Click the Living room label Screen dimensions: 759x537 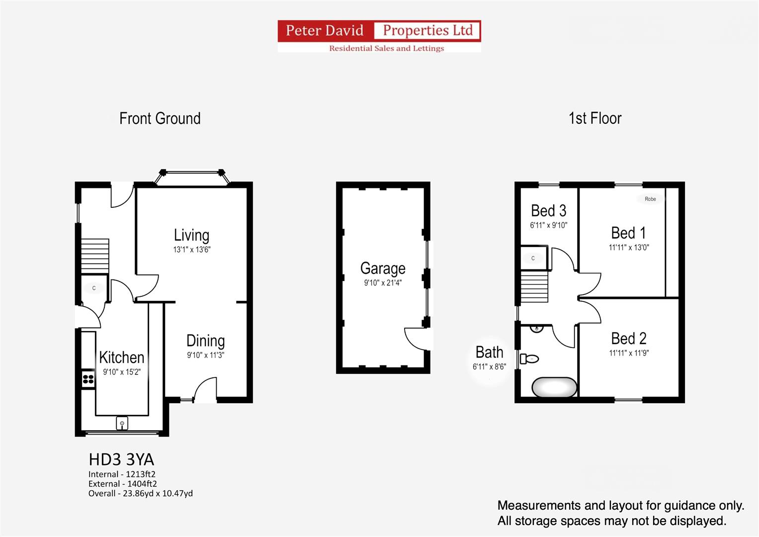coord(191,235)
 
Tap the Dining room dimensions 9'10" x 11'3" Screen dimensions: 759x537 coord(206,355)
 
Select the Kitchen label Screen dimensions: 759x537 coord(122,358)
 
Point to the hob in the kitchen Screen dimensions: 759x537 coord(88,379)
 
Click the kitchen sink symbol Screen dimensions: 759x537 coord(122,424)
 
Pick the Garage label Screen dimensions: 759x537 coord(383,268)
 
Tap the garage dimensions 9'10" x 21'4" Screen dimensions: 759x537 coord(383,283)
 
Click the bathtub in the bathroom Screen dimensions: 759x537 coord(554,387)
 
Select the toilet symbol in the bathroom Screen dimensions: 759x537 coord(529,358)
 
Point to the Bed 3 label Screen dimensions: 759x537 coord(549,210)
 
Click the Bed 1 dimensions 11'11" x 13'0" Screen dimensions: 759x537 coord(629,248)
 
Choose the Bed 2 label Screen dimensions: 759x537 coord(629,338)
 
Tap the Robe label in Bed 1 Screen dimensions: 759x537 coord(650,199)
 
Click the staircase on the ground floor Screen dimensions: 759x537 coord(95,256)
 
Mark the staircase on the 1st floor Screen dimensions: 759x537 coord(534,286)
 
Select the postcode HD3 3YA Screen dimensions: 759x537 coord(121,460)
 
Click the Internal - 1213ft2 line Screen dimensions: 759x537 coord(122,474)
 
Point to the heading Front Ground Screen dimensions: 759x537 coord(160,119)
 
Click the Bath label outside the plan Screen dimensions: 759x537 coord(489,352)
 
